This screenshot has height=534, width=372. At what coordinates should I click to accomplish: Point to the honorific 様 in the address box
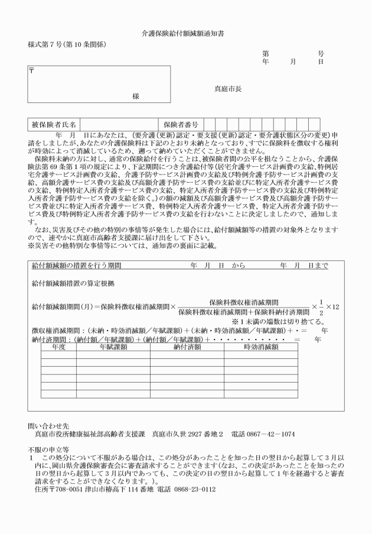pos(136,96)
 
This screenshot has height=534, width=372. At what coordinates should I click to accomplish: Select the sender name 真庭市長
pos(228,89)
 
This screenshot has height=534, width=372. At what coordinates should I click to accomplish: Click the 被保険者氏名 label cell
pos(54,125)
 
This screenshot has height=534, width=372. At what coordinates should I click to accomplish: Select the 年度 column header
pos(58,347)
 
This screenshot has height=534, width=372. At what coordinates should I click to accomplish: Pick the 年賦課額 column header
pos(113,347)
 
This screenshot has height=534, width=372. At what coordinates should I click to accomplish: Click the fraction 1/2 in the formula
pos(321,306)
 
